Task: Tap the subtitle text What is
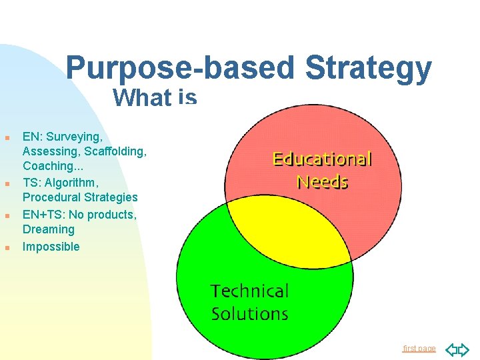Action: point(155,98)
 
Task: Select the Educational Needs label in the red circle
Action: point(322,169)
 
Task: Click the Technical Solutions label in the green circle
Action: point(249,302)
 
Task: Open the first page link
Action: point(419,349)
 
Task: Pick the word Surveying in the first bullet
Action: point(75,137)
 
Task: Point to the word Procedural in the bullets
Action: point(51,197)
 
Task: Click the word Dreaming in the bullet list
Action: point(49,229)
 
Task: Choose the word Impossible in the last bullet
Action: point(51,247)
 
